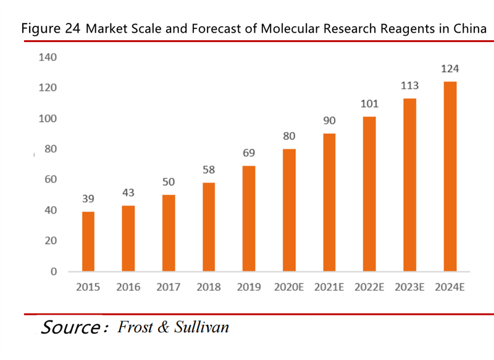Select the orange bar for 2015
click(x=88, y=241)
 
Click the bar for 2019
click(x=249, y=219)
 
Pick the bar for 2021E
click(x=329, y=203)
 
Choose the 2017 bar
click(x=169, y=233)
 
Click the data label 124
click(x=450, y=69)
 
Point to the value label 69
click(x=249, y=153)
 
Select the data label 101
click(x=369, y=104)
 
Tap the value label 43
click(x=128, y=193)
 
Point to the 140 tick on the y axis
click(x=48, y=57)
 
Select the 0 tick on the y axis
click(x=53, y=271)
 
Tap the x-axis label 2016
click(x=128, y=287)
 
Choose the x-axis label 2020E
click(x=289, y=287)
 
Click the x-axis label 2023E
click(x=409, y=287)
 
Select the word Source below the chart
click(x=70, y=327)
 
